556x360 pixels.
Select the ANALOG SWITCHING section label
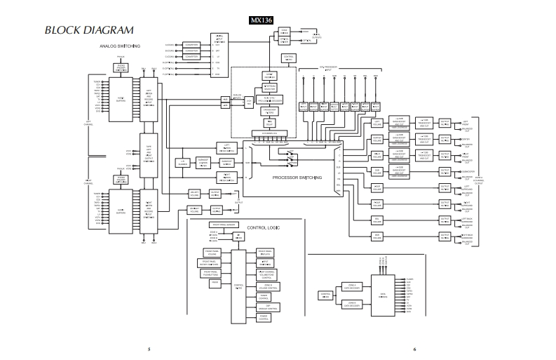click(x=121, y=46)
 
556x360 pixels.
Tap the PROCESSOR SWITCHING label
click(x=297, y=178)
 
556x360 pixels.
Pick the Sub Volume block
click(x=378, y=171)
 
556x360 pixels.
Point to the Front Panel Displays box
click(x=265, y=252)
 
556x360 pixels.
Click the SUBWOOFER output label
click(x=465, y=171)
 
